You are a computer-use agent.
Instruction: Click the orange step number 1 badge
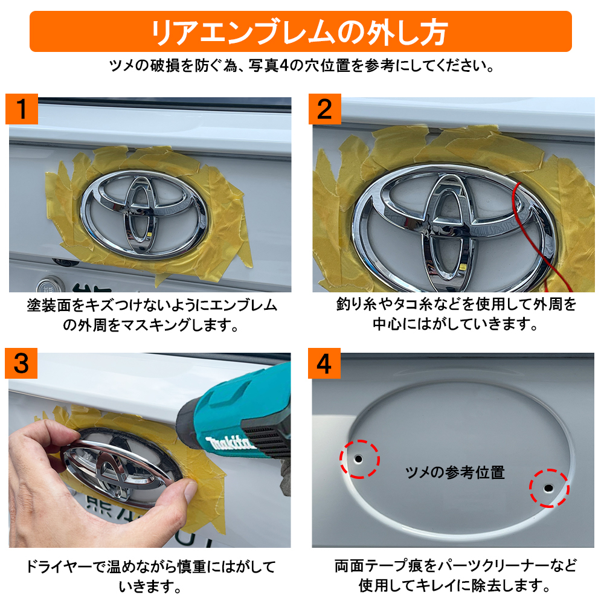(22, 109)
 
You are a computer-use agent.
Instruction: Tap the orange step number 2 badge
(325, 109)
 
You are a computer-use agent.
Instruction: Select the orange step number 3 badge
(21, 363)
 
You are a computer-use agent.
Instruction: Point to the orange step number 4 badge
(324, 363)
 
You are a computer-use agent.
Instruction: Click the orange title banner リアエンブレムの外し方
(300, 31)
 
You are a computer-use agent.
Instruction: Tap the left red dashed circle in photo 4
(359, 459)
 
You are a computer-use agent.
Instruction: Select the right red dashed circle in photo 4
(549, 488)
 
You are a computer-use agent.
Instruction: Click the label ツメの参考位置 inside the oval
(455, 472)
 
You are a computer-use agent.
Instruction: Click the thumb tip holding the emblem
(188, 491)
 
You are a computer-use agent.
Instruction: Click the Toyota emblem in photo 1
(144, 214)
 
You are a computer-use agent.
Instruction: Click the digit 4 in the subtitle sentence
(284, 66)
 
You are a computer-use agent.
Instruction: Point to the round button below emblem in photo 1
(48, 286)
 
